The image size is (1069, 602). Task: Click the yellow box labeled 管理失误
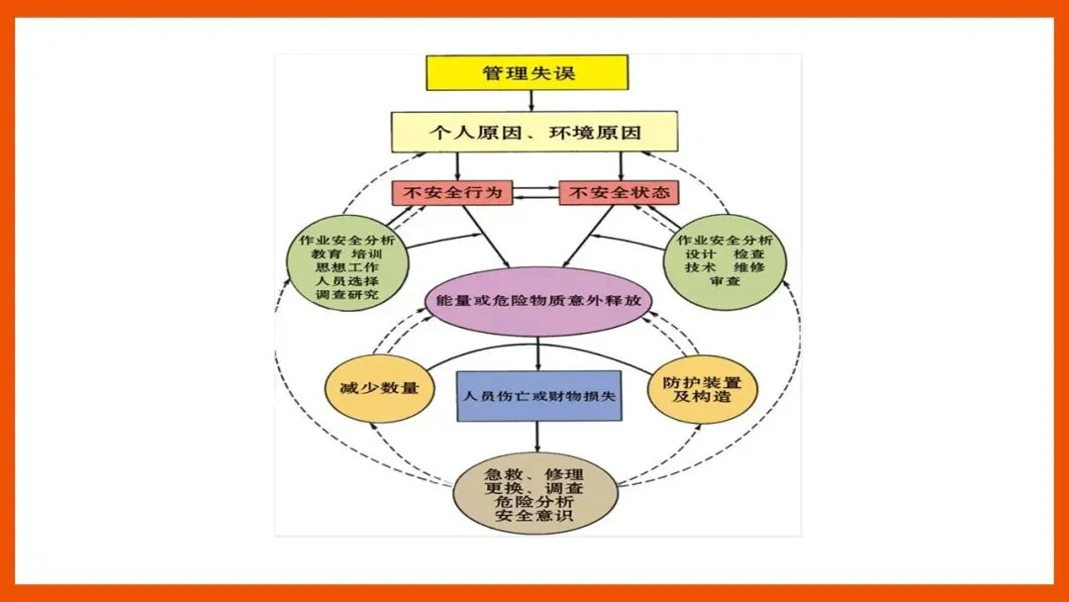click(527, 72)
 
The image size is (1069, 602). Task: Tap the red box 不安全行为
click(452, 192)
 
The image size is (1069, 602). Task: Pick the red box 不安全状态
click(621, 192)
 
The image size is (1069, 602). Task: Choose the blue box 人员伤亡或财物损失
click(538, 395)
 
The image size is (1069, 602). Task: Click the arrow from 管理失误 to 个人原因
click(532, 100)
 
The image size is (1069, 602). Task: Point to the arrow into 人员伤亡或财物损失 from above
click(537, 353)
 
